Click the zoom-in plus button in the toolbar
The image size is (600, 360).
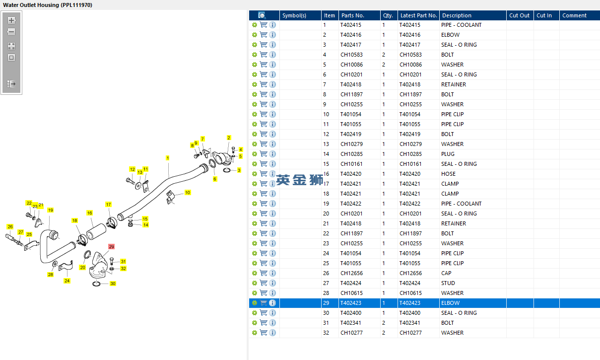point(11,20)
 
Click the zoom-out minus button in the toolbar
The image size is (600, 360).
point(11,32)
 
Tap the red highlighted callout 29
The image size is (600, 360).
point(112,247)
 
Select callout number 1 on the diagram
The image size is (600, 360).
point(168,158)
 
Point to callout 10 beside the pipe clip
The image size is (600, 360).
point(188,193)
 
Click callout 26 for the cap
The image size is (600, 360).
point(10,227)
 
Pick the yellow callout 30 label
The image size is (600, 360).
point(113,284)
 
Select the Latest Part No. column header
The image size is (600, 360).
point(418,15)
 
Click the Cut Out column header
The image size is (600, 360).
point(519,15)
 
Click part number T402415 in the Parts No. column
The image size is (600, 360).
point(351,25)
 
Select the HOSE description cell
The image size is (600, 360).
point(448,174)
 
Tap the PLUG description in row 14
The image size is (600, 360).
point(448,154)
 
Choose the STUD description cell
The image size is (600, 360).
point(448,283)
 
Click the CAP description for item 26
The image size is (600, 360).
point(446,273)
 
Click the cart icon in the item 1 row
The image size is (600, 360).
point(264,25)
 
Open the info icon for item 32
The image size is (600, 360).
point(272,333)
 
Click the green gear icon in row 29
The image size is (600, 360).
point(255,303)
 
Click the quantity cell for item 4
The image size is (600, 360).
point(384,55)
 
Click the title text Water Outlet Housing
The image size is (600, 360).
point(31,5)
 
